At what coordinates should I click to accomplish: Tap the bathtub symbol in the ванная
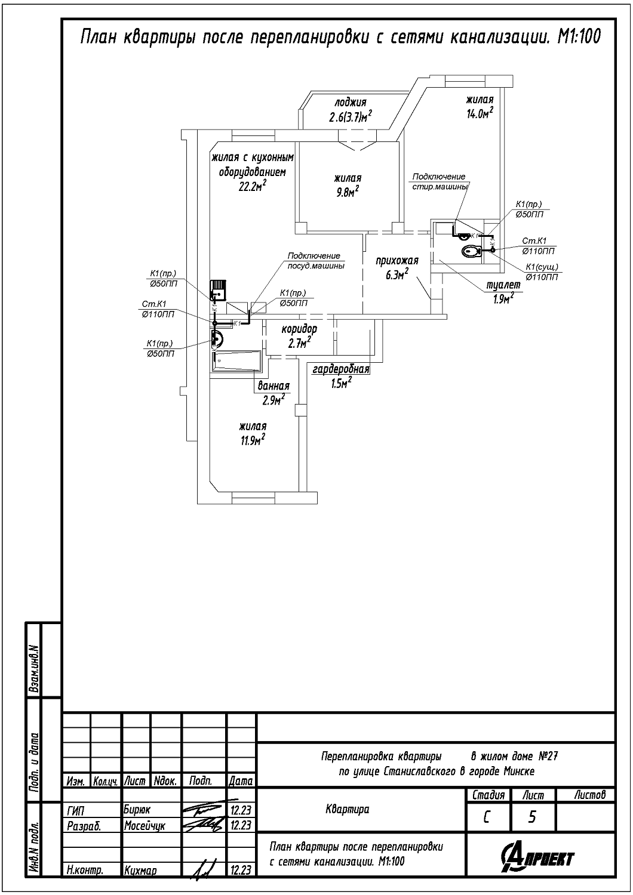point(235,362)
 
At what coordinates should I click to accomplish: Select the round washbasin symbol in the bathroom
point(217,339)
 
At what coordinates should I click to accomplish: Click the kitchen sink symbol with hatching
point(217,290)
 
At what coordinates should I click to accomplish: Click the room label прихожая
point(397,261)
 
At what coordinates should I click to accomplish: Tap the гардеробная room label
point(341,370)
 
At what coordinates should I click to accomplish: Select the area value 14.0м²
point(480,114)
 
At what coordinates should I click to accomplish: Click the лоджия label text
point(351,102)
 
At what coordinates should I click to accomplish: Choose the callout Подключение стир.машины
point(439,181)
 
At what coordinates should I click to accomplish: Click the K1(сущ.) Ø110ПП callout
point(542,271)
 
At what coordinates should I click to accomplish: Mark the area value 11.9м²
point(253,441)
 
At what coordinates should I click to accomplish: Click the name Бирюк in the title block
point(137,810)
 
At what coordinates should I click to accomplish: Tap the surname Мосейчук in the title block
point(145,826)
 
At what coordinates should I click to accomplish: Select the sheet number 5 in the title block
point(531,817)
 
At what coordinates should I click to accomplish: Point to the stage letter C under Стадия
point(487,817)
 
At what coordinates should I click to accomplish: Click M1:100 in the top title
point(578,38)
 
